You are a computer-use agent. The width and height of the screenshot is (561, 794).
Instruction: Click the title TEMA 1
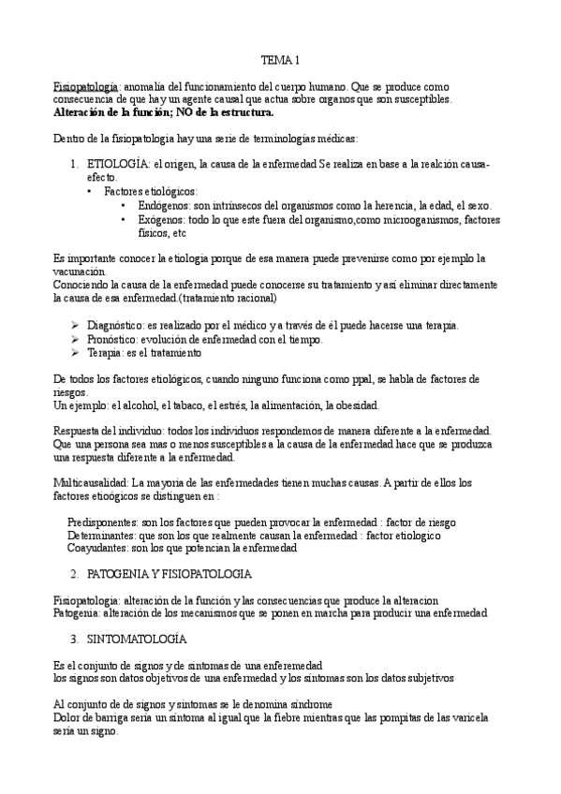click(x=280, y=61)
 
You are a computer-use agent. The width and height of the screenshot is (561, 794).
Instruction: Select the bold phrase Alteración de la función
click(x=115, y=112)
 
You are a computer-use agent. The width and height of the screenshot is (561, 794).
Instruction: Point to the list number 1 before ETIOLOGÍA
click(x=73, y=165)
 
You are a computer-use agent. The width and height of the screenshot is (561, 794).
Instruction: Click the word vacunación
click(x=82, y=270)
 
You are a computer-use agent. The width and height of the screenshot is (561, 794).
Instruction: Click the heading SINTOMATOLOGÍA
click(x=136, y=638)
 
